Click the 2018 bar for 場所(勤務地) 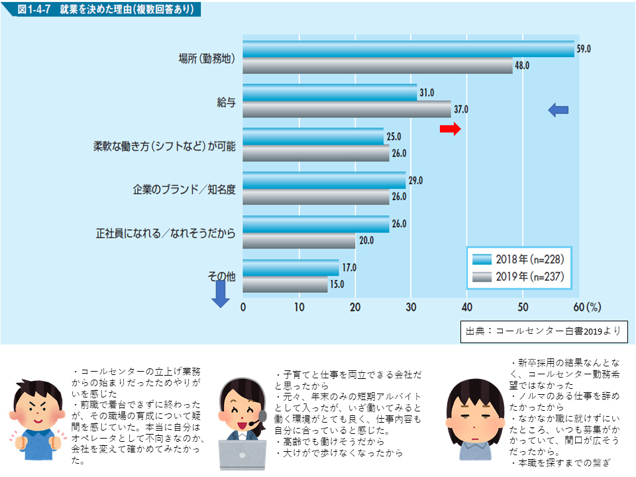pos(408,49)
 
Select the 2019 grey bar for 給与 pos(346,109)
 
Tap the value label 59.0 pos(584,49)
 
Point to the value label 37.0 pos(460,109)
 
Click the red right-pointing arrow pos(450,129)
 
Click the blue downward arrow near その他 pos(221,299)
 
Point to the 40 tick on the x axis pos(467,307)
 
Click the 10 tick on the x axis pos(299,307)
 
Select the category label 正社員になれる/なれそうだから pos(166,233)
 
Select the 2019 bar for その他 pos(285,285)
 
